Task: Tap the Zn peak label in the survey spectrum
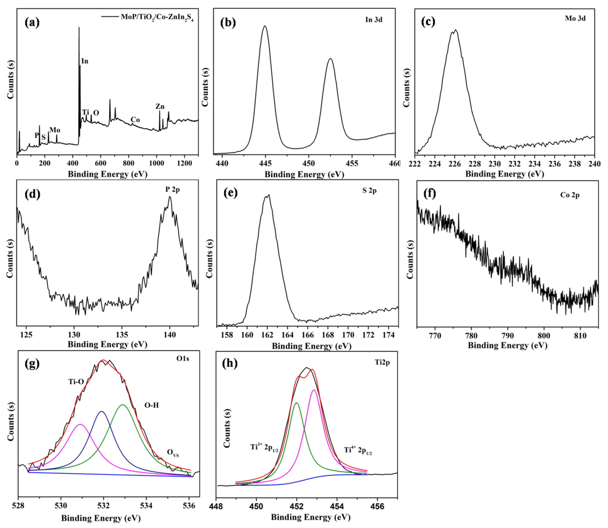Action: pos(160,107)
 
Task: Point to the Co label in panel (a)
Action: pos(135,120)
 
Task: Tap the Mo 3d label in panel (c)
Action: pos(575,19)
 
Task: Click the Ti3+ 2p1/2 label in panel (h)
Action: pos(264,447)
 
